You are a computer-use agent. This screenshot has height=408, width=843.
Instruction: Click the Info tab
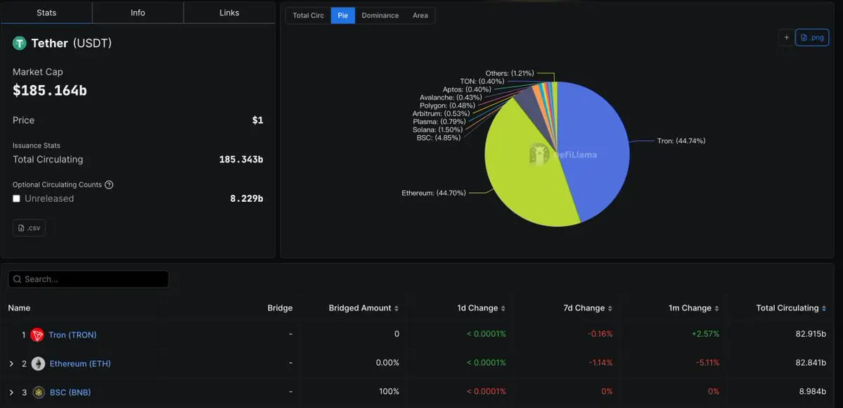138,13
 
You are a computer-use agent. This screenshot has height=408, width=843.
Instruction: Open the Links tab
229,13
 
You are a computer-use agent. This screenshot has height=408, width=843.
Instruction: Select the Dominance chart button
380,15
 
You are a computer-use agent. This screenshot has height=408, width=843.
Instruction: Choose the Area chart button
420,15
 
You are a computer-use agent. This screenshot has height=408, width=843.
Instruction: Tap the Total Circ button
308,15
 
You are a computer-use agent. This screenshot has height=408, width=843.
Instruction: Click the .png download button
812,37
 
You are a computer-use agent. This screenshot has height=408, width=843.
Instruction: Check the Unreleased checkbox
17,199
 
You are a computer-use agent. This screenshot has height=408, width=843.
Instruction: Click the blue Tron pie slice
598,148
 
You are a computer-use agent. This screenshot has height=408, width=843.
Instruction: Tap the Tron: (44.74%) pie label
681,141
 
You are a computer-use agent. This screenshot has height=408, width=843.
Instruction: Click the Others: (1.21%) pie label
510,73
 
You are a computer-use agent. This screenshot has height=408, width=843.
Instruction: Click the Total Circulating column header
787,308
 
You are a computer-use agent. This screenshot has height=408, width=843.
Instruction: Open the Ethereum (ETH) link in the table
80,364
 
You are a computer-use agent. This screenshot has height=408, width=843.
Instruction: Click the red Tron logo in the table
37,335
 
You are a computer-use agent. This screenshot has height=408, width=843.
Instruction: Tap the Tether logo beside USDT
20,44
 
